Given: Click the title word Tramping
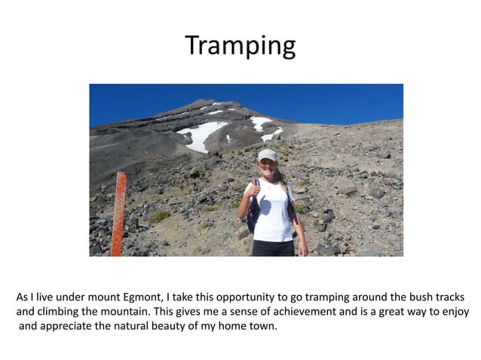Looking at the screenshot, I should tap(240, 47).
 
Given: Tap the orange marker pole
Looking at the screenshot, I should tap(118, 215).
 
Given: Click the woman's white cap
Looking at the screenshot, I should tap(267, 155).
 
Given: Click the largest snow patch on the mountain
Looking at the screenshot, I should tap(201, 136).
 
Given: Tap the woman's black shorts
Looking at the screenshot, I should tap(272, 248).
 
